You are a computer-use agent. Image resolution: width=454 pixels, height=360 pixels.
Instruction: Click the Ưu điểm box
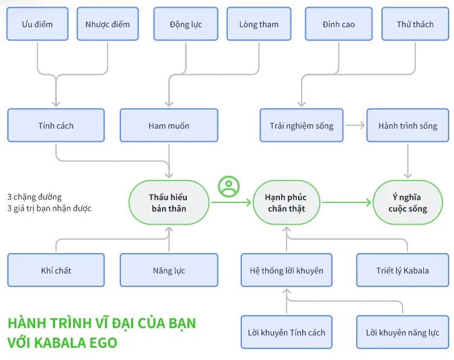[37, 24]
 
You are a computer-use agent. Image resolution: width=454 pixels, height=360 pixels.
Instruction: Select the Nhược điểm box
[108, 24]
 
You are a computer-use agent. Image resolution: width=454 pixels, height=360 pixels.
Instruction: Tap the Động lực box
[186, 24]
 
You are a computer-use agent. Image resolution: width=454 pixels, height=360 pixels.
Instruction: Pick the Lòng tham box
[259, 24]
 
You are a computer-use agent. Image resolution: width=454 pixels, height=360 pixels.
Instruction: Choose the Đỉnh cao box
[339, 24]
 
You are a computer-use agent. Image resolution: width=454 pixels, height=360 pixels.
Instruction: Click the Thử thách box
[415, 24]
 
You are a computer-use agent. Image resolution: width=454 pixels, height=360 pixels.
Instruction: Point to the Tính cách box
[56, 126]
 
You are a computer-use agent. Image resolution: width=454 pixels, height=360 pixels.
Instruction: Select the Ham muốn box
[169, 126]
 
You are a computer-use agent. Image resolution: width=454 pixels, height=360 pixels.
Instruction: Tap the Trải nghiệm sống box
[301, 126]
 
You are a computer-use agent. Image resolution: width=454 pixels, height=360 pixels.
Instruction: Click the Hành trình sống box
[407, 126]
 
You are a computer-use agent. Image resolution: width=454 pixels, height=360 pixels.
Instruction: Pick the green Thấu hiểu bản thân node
[169, 203]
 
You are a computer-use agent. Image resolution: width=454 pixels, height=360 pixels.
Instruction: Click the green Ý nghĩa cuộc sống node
[407, 203]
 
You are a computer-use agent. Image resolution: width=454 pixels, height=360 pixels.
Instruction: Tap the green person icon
[229, 187]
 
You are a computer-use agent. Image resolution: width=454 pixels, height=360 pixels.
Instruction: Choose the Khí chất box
[56, 270]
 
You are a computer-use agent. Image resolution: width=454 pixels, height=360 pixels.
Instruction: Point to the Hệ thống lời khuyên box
[287, 270]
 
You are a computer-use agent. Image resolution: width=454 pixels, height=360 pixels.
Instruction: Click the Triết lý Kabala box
[403, 270]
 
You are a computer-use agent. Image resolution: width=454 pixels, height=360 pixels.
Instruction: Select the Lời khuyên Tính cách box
[287, 332]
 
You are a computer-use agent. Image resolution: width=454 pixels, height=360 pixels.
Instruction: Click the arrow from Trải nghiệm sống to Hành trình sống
[355, 126]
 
